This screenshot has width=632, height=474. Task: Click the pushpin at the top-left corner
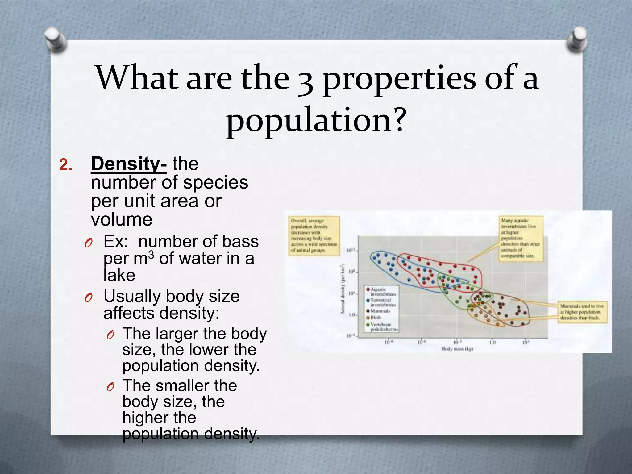pyautogui.click(x=56, y=40)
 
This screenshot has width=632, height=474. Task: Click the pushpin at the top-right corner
pyautogui.click(x=577, y=39)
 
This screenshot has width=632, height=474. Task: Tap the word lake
pyautogui.click(x=119, y=275)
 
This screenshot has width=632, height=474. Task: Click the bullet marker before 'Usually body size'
pyautogui.click(x=89, y=297)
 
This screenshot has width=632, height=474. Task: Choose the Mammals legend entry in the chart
pyautogui.click(x=380, y=311)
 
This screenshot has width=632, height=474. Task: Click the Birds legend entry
pyautogui.click(x=376, y=317)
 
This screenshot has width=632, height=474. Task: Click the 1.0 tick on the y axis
pyautogui.click(x=352, y=315)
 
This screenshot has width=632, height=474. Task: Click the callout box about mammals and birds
pyautogui.click(x=582, y=312)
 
